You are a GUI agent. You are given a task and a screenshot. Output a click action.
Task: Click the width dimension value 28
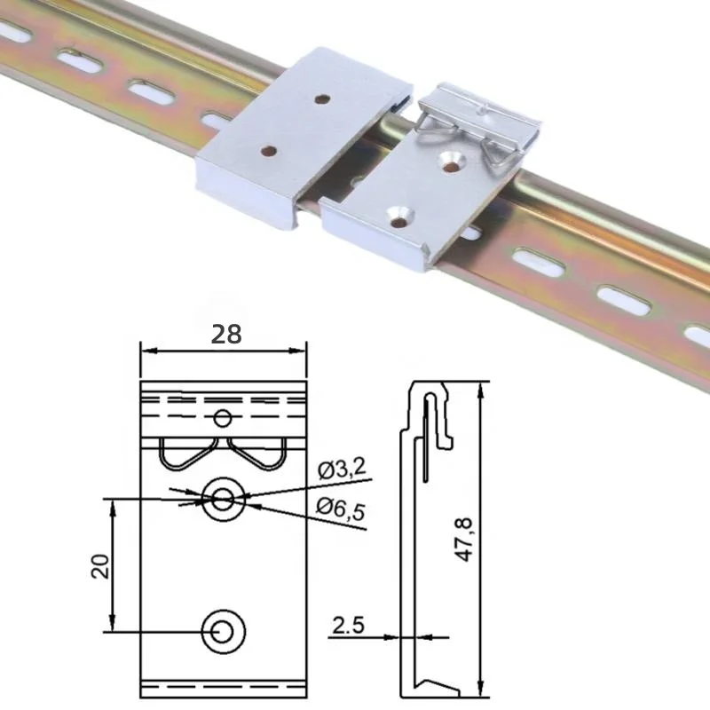pyautogui.click(x=226, y=335)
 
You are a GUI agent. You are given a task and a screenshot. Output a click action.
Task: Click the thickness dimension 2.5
pyautogui.click(x=348, y=625)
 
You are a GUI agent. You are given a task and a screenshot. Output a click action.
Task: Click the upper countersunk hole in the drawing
pyautogui.click(x=223, y=501)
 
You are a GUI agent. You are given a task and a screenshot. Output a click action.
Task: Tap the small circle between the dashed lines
pyautogui.click(x=223, y=418)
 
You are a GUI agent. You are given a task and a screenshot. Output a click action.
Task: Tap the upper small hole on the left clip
pyautogui.click(x=323, y=100)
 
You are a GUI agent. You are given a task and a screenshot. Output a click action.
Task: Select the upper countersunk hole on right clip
pyautogui.click(x=454, y=160)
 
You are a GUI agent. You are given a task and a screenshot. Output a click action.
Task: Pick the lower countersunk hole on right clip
pyautogui.click(x=402, y=213)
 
